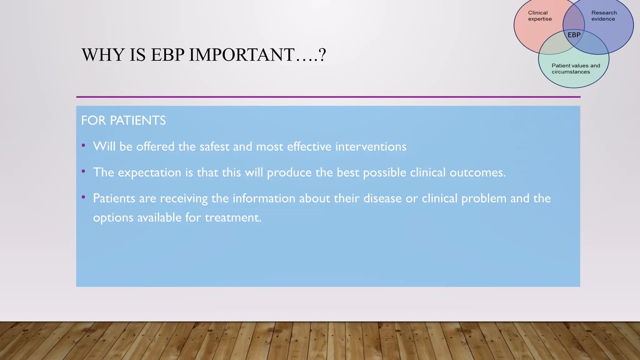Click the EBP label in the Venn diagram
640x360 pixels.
(574, 35)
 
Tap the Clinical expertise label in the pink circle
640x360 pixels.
(540, 16)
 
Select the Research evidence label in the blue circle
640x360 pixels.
(604, 16)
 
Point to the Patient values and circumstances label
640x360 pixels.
(576, 69)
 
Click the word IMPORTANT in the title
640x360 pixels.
(242, 55)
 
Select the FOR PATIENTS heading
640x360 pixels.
(123, 121)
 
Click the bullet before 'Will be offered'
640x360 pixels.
(83, 145)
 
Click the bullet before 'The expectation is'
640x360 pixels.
(83, 171)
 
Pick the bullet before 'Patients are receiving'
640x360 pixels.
(83, 197)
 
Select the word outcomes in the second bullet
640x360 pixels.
(477, 172)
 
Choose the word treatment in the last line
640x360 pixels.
(233, 217)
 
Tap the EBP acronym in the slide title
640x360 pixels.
(168, 55)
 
